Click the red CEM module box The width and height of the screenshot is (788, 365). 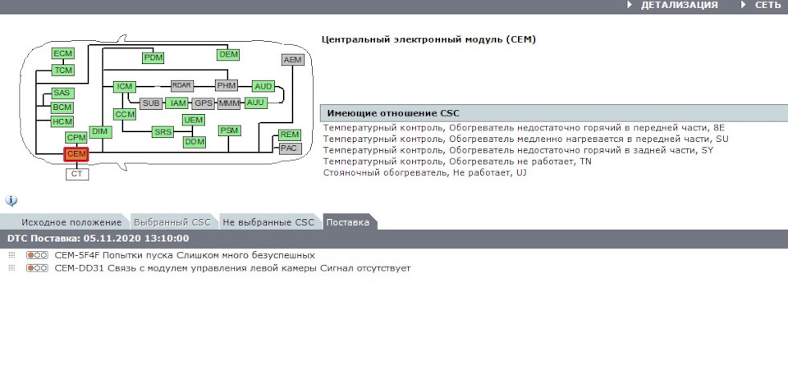pos(76,153)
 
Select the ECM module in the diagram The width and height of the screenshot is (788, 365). pos(63,54)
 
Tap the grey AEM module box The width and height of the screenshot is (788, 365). pos(292,61)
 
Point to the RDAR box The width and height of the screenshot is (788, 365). pos(181,85)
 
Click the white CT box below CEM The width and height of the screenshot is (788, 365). pos(77,174)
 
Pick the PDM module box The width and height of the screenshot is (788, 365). pos(153,57)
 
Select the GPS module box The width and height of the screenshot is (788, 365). pos(203,103)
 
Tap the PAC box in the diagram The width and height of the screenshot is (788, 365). pos(289,148)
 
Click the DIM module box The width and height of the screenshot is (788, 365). pos(100,132)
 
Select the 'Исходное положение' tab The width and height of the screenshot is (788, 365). pos(71,222)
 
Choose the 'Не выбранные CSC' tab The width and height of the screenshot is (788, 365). pos(268,222)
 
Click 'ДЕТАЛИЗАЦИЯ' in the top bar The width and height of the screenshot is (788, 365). pos(679,6)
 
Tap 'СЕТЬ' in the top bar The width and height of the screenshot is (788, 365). pos(767,6)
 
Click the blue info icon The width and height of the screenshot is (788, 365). pos(11,201)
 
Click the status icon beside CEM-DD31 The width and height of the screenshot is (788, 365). pos(37,268)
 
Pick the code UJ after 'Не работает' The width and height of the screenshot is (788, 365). pos(521,173)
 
